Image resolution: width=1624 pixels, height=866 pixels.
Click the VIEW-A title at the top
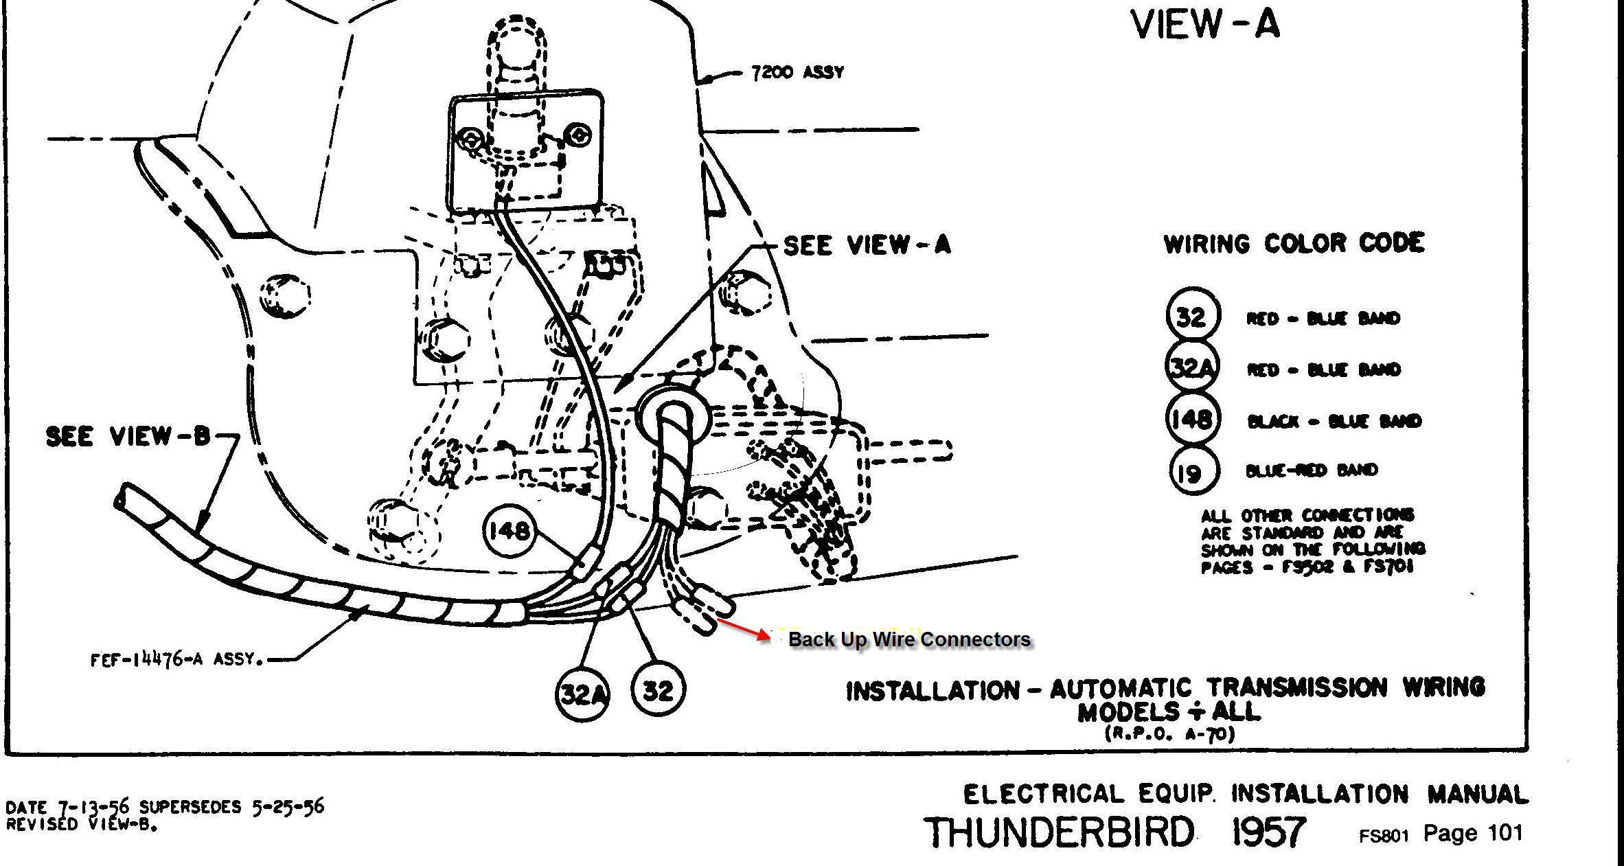point(1205,25)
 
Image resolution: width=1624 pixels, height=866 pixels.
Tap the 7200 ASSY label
point(797,72)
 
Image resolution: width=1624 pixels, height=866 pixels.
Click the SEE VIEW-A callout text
point(867,245)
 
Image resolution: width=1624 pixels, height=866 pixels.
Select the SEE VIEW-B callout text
point(128,436)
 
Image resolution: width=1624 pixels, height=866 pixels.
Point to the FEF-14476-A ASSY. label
point(177,660)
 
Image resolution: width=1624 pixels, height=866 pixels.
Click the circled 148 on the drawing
point(509,530)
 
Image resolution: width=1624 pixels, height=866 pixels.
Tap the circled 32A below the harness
point(582,694)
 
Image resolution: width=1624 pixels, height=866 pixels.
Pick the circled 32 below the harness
point(657,690)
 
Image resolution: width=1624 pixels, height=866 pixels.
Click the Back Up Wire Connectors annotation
point(909,639)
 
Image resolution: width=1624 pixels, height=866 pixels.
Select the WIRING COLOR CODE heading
point(1294,244)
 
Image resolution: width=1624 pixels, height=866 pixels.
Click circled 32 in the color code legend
point(1193,317)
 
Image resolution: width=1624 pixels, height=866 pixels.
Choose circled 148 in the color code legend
point(1193,418)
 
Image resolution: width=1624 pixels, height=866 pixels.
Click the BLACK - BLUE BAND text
point(1334,421)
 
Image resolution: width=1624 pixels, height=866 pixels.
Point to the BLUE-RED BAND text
point(1311,470)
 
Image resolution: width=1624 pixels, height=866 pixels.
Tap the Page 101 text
point(1473,833)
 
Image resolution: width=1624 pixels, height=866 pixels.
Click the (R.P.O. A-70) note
point(1170,733)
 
